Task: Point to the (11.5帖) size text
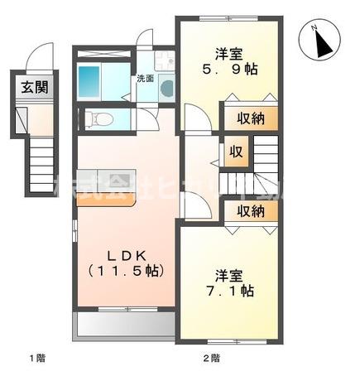click(127, 270)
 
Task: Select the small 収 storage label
click(236, 152)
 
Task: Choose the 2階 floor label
click(212, 358)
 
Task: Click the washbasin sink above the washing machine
click(163, 61)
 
